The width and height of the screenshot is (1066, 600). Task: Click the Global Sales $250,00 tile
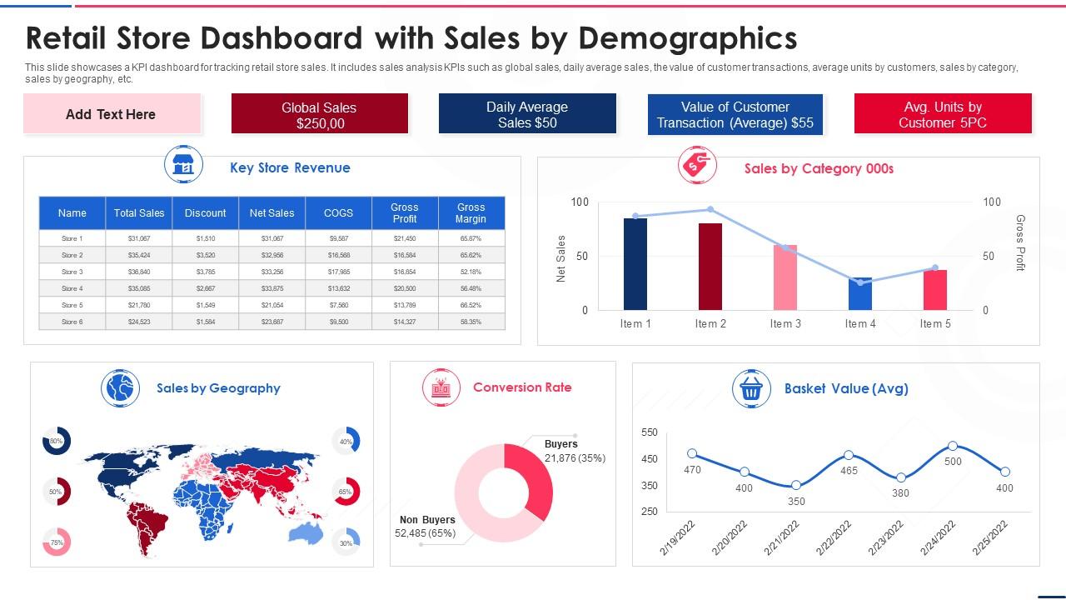pos(319,114)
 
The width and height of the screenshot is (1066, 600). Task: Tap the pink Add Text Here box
pos(112,114)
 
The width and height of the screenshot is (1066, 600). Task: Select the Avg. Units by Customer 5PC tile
pos(943,114)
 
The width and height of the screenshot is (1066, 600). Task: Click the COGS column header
pos(338,213)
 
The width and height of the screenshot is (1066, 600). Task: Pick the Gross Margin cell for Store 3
pos(471,272)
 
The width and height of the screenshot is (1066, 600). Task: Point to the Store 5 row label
pos(72,305)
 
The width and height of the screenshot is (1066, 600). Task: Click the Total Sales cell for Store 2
pos(138,255)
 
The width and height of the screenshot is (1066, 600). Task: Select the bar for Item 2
pos(710,266)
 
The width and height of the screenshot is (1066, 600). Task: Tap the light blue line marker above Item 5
pos(935,268)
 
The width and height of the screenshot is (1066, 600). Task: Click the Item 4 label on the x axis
pos(860,324)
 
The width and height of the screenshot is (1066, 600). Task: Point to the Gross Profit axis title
pos(1020,242)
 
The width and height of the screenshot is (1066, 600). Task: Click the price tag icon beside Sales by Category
pos(697,166)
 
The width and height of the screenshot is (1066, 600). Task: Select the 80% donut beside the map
pos(57,441)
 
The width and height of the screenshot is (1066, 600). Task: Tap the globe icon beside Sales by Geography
pos(120,388)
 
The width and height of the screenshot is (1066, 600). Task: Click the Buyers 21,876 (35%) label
pos(574,451)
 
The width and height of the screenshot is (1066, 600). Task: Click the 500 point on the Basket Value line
pos(953,447)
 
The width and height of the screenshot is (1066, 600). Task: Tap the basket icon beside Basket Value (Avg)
pos(750,388)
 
